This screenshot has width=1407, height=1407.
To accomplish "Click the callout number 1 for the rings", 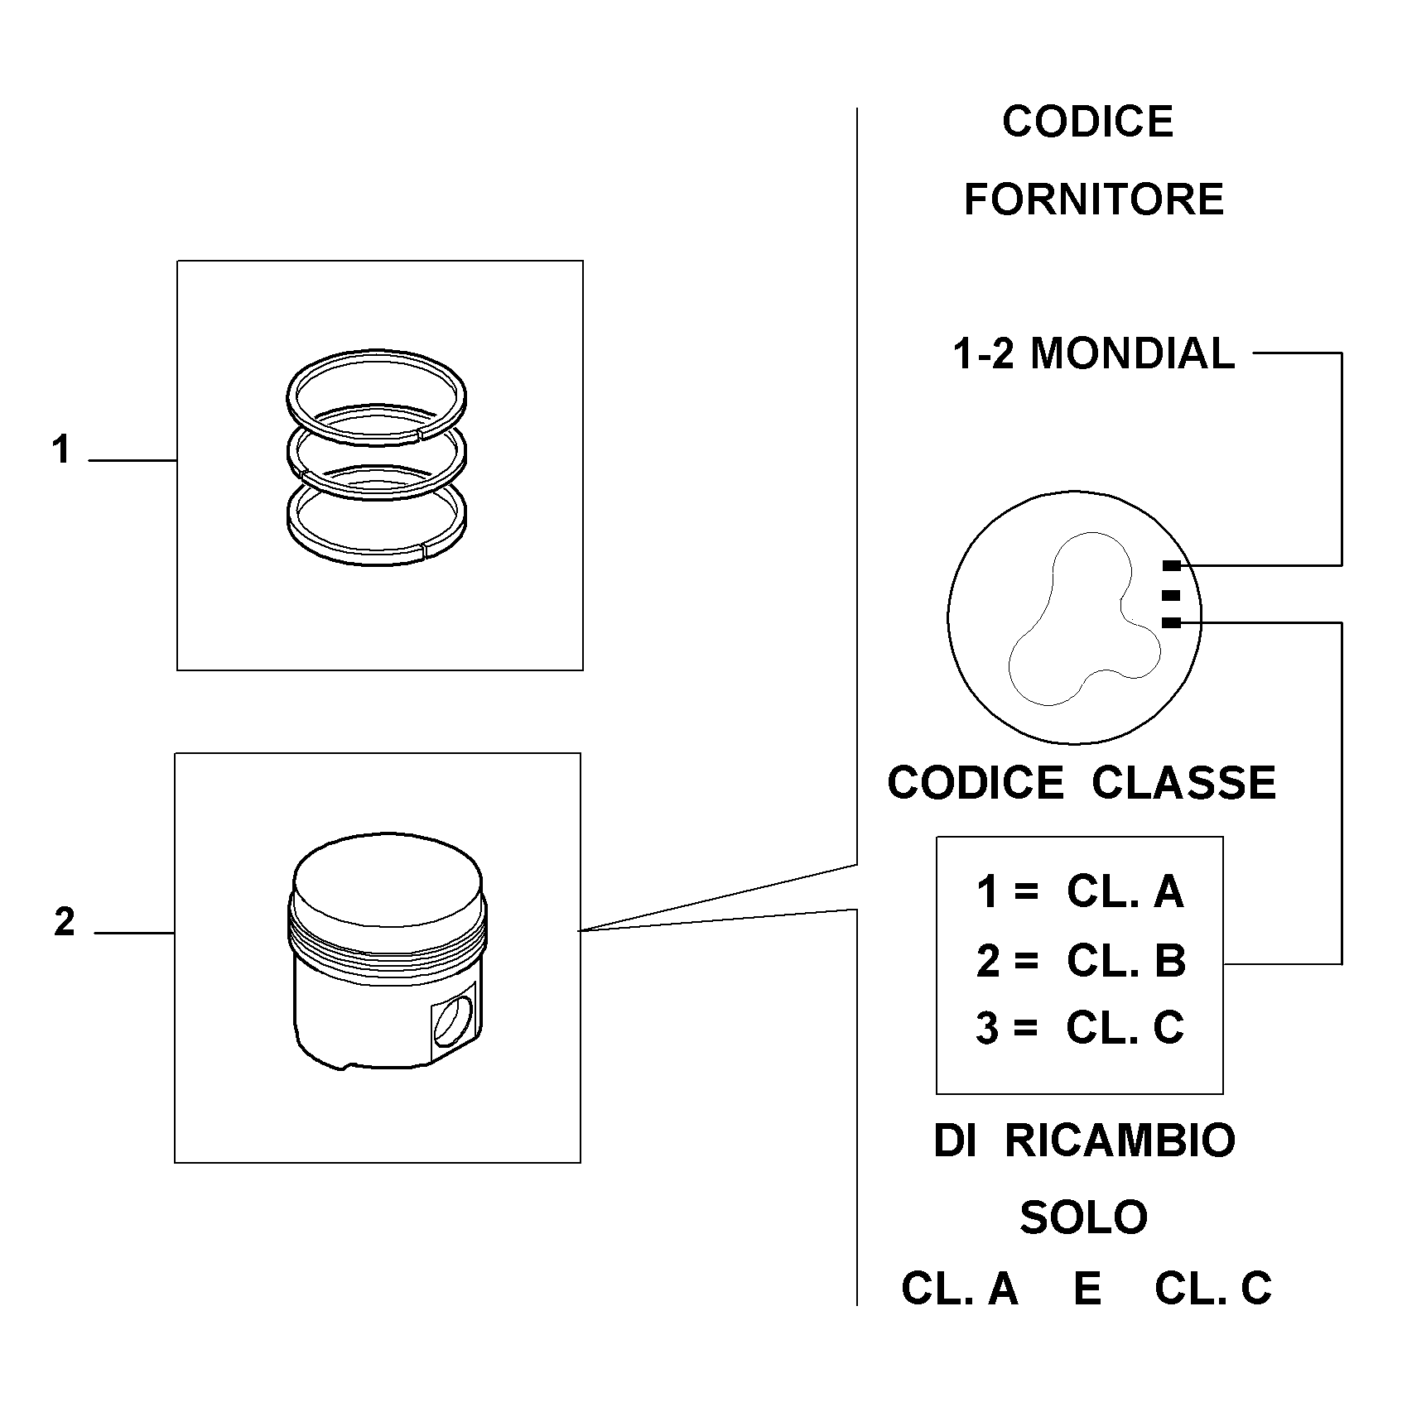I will [60, 450].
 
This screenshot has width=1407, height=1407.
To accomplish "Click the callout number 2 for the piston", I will [65, 922].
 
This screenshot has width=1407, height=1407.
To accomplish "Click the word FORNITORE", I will [1093, 199].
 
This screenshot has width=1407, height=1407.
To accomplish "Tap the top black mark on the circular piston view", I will [1171, 566].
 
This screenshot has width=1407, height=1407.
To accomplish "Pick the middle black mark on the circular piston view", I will [1171, 594].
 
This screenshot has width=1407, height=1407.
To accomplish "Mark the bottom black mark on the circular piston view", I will [1171, 622].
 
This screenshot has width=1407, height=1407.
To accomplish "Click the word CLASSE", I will [1184, 782].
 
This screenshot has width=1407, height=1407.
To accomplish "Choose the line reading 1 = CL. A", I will [1080, 892].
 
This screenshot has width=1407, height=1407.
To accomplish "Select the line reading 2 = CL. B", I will [1080, 961].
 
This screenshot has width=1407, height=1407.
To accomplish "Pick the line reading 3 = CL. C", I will [1080, 1028].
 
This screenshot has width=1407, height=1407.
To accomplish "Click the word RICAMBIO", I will [1120, 1140].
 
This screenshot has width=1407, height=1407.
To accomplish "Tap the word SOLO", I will [1083, 1217].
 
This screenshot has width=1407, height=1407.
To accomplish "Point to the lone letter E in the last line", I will [1087, 1289].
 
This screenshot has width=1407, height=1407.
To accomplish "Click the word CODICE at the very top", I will [1087, 122].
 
